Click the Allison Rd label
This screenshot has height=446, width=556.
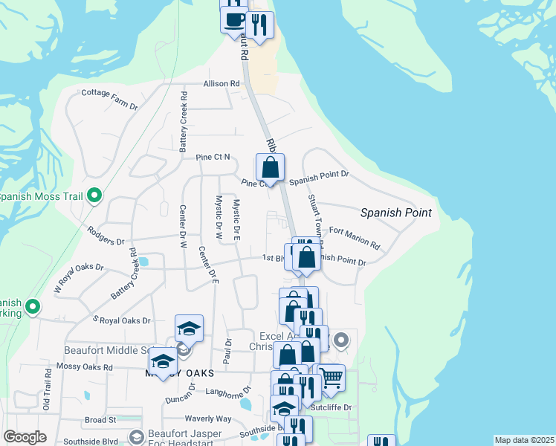coord(222,84)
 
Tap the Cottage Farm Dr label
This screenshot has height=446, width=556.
coord(109,100)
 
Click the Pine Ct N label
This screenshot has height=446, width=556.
coord(213,158)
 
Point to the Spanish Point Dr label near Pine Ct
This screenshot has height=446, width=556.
coord(319,178)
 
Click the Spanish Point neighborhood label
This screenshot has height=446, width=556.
coord(395,213)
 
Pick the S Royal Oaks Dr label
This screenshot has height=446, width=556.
coord(120,320)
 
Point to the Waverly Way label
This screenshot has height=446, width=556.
coord(209,419)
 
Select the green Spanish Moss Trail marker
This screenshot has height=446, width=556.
coord(94,196)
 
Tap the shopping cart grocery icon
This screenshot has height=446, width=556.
coord(331,377)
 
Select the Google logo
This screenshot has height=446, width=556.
coord(25,437)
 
